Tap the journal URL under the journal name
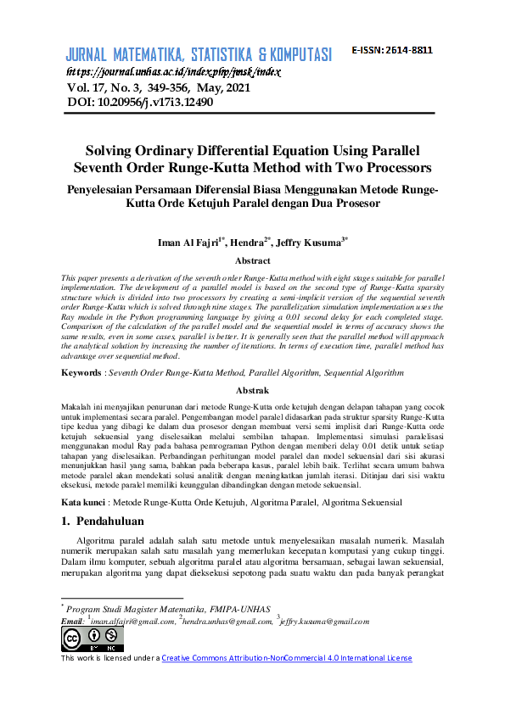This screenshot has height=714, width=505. click(173, 72)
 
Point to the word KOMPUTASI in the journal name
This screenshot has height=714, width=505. click(291, 56)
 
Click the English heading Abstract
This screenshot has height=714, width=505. click(252, 261)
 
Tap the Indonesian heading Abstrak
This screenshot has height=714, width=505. click(252, 391)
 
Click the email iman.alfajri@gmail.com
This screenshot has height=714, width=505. click(132, 622)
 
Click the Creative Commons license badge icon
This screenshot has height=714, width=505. click(81, 639)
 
